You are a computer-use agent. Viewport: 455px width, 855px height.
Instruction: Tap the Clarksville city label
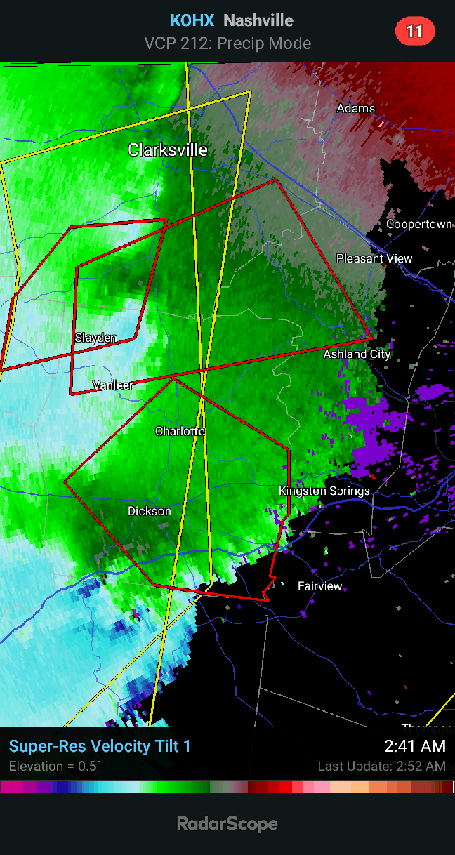[168, 150]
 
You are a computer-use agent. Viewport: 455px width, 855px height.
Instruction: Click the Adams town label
[356, 108]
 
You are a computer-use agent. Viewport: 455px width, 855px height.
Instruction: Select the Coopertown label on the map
[419, 224]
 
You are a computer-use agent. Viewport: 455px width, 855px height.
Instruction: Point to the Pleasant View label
[374, 258]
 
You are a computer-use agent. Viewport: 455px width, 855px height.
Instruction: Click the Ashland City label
[357, 354]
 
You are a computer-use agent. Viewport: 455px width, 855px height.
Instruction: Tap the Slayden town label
[96, 338]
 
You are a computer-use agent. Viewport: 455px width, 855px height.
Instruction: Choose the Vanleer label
[113, 385]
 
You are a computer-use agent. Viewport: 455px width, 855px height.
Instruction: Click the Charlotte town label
[180, 431]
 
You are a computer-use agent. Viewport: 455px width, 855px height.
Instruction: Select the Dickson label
[149, 511]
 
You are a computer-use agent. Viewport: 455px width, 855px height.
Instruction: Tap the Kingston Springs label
[324, 491]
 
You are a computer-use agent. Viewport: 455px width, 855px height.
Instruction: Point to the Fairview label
[320, 585]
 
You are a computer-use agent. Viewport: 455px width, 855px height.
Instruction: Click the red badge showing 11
[415, 31]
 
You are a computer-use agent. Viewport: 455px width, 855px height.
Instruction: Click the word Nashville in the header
[258, 21]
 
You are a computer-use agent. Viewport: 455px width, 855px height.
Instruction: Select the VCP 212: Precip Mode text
[227, 44]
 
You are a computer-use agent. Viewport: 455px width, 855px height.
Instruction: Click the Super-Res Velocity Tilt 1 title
[100, 746]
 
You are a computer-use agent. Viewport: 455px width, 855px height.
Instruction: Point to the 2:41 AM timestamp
[414, 745]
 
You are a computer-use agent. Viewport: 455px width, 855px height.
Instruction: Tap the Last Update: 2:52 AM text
[381, 766]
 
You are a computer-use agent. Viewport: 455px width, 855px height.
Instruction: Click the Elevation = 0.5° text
[55, 766]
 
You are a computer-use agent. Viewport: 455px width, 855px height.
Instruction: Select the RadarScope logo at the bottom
[227, 824]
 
